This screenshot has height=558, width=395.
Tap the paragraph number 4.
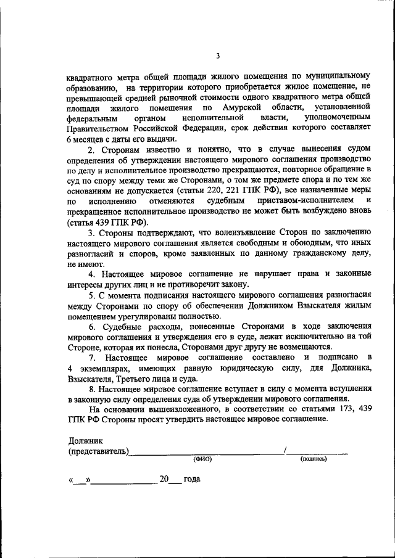click(x=90, y=274)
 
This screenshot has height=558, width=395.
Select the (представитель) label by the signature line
click(x=99, y=451)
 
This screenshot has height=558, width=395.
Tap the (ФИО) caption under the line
click(x=202, y=459)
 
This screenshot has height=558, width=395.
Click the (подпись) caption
click(x=314, y=459)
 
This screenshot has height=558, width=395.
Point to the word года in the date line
click(x=192, y=478)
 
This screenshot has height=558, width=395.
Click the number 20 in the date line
click(x=164, y=478)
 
